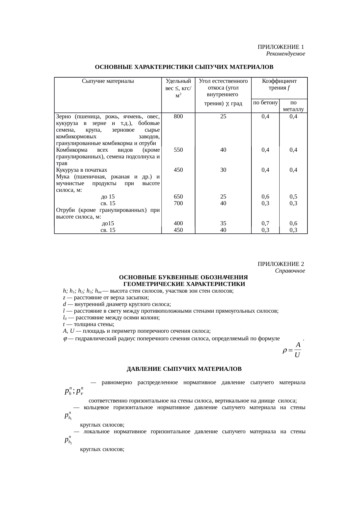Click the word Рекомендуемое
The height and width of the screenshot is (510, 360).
285,54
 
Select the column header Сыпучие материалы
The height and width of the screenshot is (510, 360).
108,81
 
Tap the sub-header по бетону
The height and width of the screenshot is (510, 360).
265,103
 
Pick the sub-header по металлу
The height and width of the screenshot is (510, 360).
293,106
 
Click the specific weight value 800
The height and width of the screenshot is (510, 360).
178,117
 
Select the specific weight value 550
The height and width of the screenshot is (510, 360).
178,150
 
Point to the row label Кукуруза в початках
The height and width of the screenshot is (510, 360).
82,170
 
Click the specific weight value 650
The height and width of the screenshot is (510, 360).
178,197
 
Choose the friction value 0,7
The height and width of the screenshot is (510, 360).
265,223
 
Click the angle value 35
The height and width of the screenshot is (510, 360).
223,223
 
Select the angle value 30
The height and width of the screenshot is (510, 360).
223,170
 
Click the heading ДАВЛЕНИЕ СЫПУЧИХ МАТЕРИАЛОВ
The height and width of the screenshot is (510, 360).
184,369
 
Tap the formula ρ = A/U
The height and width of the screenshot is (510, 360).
292,350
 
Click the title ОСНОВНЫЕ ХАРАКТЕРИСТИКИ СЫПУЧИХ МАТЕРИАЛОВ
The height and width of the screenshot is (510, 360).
184,67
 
